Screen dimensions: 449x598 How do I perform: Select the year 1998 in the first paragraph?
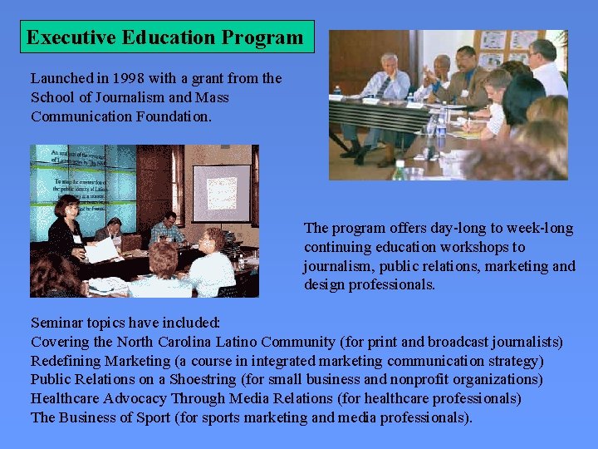coord(130,78)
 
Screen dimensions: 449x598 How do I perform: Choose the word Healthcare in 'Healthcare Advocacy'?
coord(65,398)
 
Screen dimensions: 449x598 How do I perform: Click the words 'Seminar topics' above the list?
coord(81,323)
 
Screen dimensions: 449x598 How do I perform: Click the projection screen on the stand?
coord(221,193)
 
